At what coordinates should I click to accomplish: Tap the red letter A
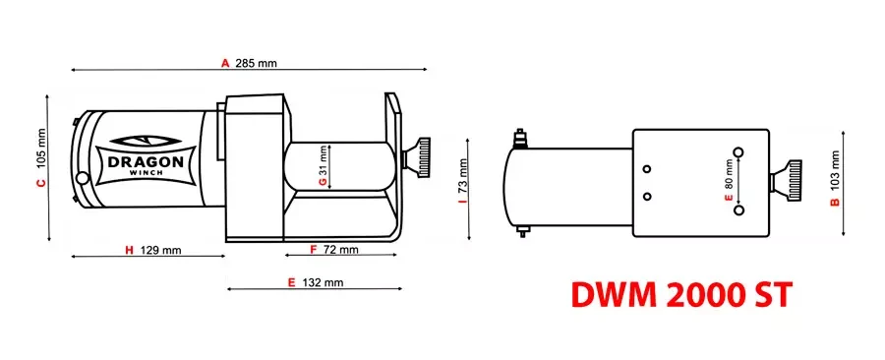click(x=225, y=63)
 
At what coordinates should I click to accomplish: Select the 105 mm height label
click(x=41, y=143)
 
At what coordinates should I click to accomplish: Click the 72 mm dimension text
click(x=339, y=250)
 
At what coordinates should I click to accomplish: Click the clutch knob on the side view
click(x=421, y=159)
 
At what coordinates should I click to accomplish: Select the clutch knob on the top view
click(x=789, y=181)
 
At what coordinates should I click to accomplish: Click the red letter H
click(x=129, y=250)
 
